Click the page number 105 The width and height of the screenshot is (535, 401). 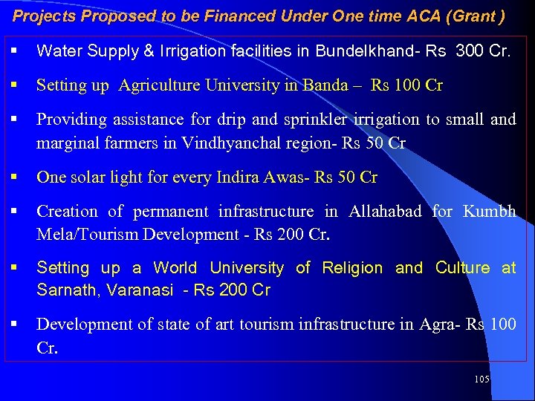481,379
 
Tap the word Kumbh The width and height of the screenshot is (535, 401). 489,212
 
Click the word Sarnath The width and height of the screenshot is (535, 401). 68,290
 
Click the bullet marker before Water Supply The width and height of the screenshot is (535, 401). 15,51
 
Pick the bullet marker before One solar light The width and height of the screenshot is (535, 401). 15,177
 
